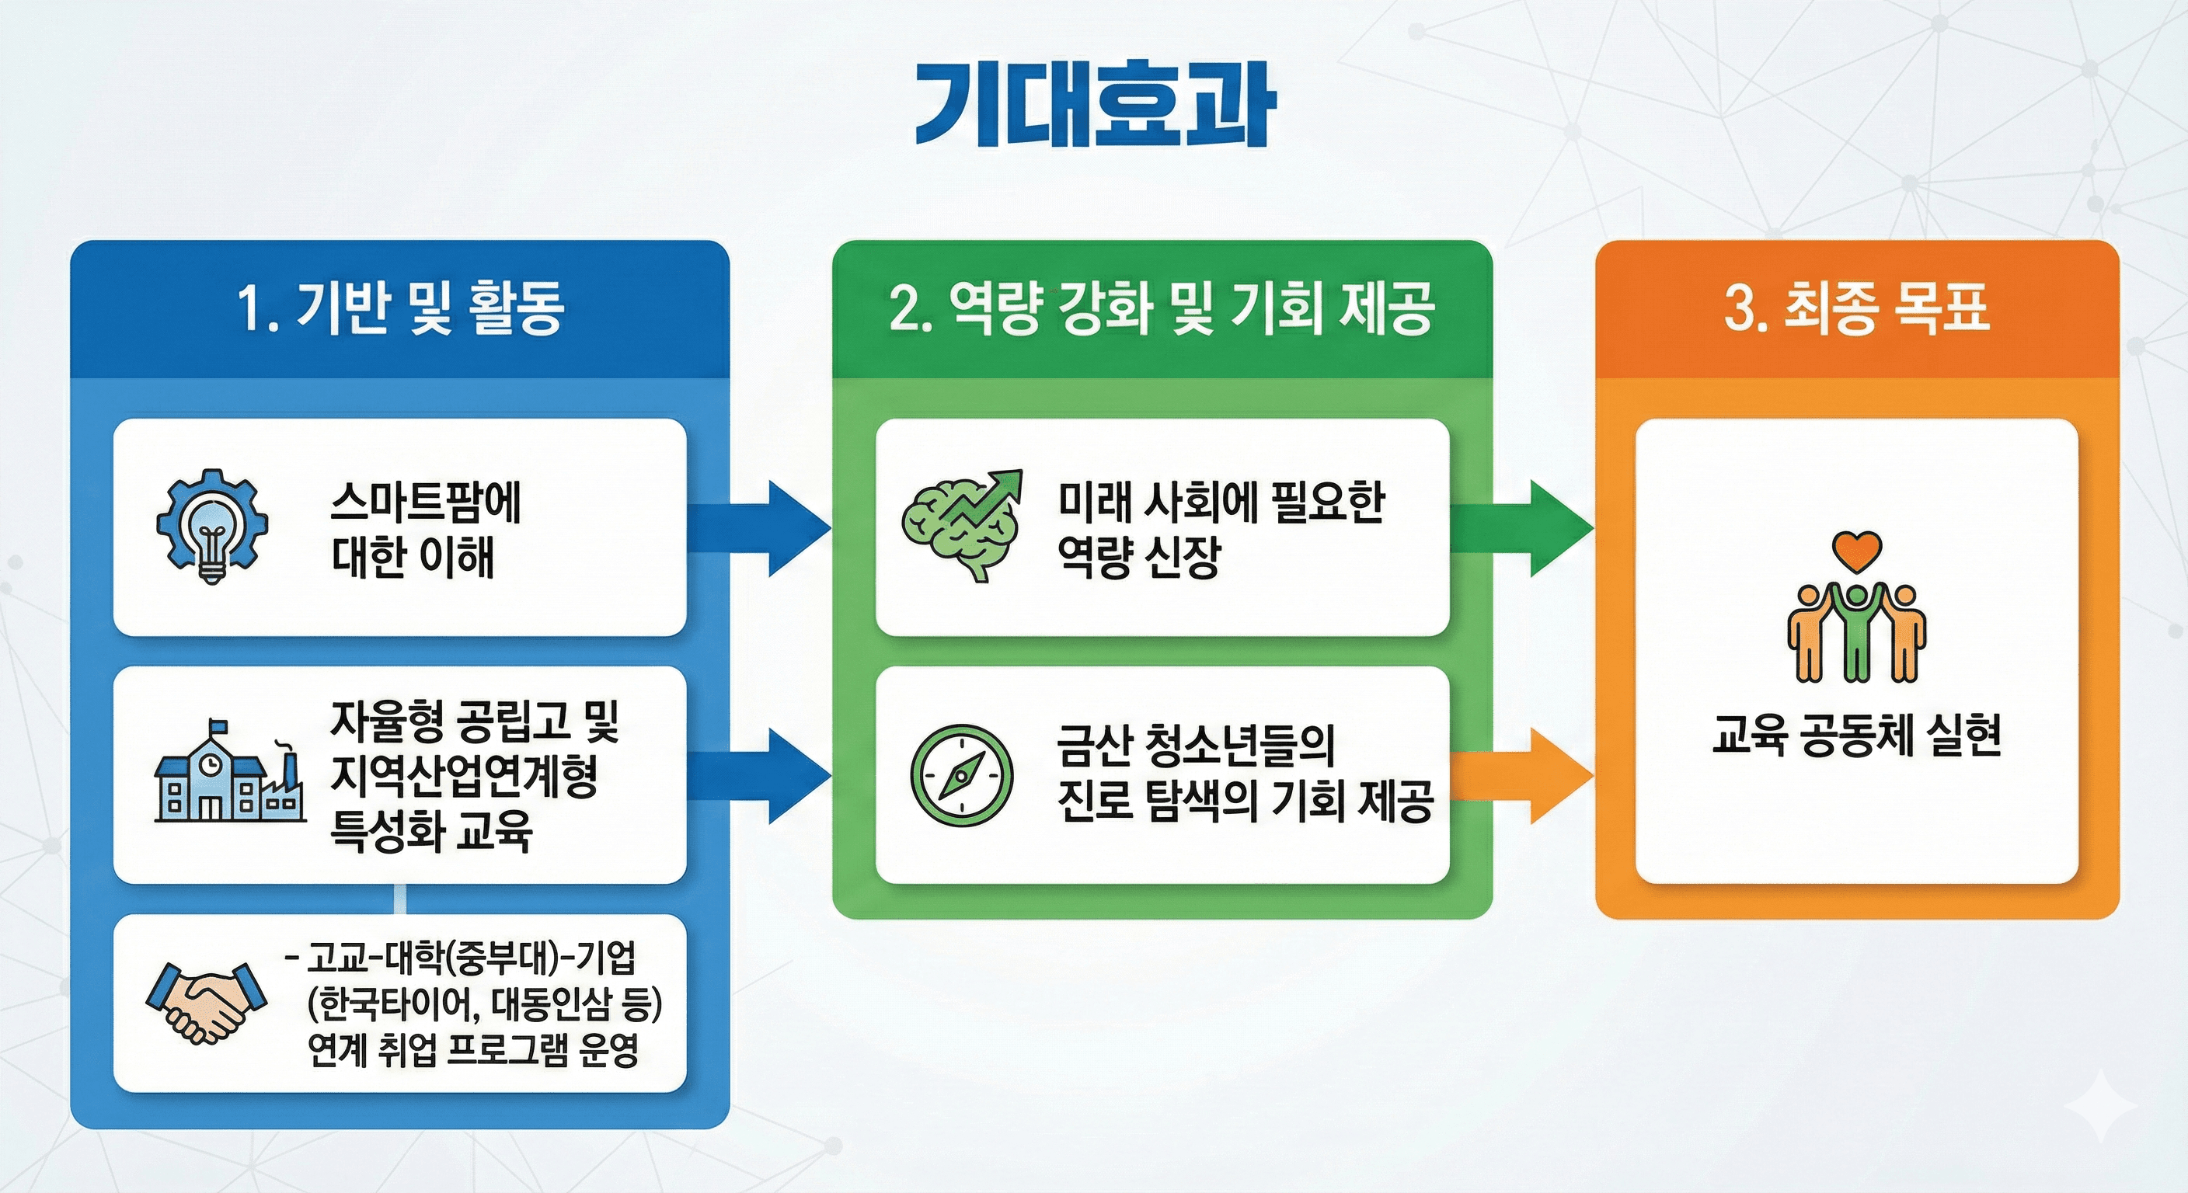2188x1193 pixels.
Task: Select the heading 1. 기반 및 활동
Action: pos(400,308)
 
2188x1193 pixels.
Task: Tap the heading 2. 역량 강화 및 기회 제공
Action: pos(1162,308)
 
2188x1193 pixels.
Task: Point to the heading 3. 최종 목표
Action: pos(1857,308)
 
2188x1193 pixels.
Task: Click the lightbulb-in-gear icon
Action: pos(212,527)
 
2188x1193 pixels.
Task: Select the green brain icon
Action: pos(960,527)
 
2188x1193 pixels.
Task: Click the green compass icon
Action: pos(961,774)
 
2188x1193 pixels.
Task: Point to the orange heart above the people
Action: pos(1857,552)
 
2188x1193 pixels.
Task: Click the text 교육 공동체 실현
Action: pos(1857,736)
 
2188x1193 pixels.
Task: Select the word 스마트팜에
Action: pos(426,503)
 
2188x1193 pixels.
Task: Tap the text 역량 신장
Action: pos(1138,557)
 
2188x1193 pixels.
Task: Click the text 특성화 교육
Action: pos(430,830)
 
